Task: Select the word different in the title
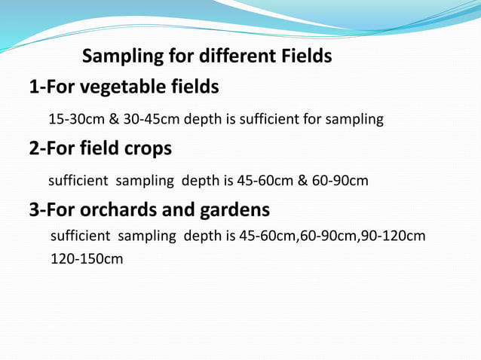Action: click(x=223, y=56)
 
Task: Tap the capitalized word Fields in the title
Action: click(x=306, y=56)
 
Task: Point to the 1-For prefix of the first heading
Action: click(x=52, y=88)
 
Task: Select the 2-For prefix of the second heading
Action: click(x=52, y=148)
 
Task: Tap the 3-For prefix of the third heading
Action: click(x=52, y=209)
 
